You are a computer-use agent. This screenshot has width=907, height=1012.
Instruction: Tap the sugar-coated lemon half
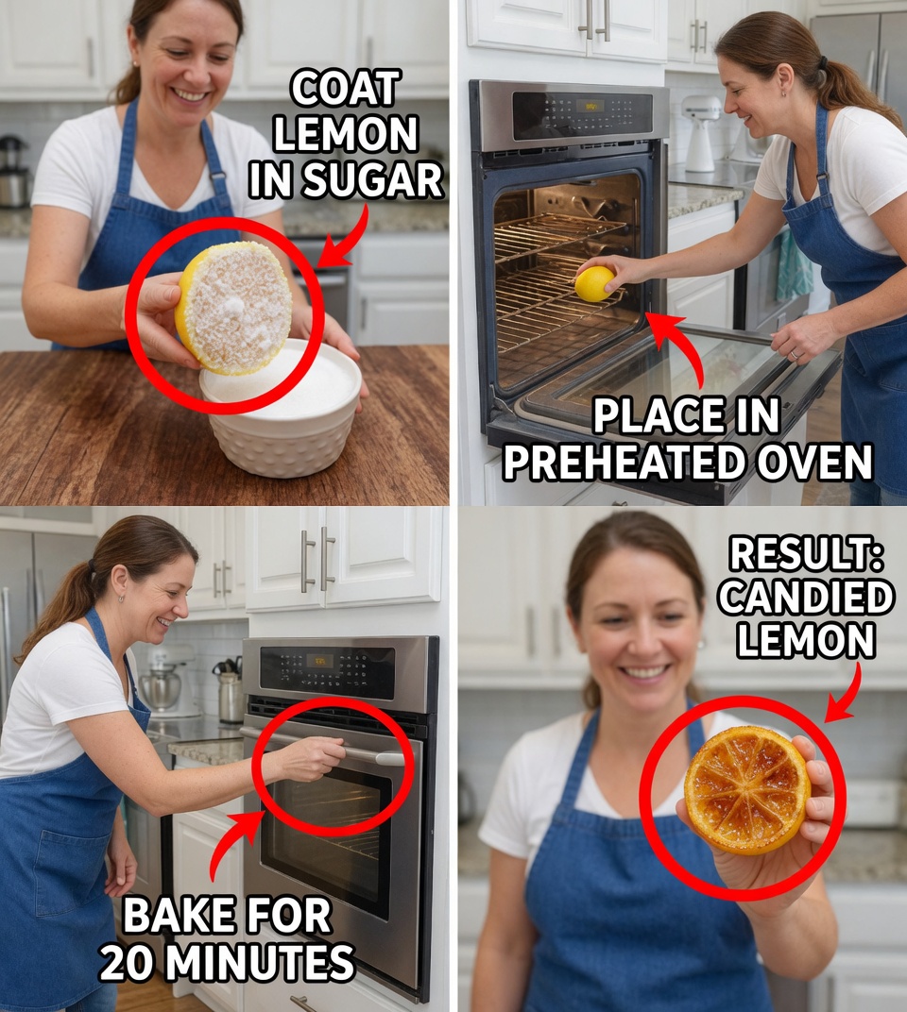[234, 307]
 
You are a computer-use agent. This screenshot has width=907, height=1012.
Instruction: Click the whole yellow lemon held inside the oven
[594, 283]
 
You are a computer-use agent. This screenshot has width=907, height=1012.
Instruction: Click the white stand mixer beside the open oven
[700, 132]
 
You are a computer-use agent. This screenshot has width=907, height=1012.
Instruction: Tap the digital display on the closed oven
[318, 661]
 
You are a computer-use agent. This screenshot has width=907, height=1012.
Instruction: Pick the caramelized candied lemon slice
[746, 789]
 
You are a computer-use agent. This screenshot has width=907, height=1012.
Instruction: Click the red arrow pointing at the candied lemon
[848, 691]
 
